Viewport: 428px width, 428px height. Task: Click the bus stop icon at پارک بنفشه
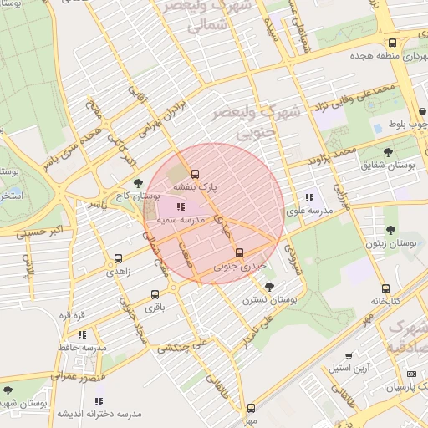(195, 175)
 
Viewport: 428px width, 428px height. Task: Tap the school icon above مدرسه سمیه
(180, 206)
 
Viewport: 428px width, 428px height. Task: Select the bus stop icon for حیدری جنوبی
(239, 252)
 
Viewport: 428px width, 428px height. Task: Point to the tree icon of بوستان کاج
(138, 183)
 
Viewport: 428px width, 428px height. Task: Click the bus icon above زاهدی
(117, 259)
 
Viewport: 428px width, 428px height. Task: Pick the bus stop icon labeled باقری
(155, 294)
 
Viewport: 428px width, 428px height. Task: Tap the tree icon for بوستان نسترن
(267, 287)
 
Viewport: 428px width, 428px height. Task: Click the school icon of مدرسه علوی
(309, 198)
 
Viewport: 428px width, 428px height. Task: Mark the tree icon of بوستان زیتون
(390, 230)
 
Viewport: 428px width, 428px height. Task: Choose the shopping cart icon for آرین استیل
(349, 355)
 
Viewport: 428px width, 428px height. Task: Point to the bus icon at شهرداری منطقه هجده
(392, 43)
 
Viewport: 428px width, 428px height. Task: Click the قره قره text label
(74, 315)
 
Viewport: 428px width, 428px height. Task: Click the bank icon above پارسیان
(410, 374)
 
